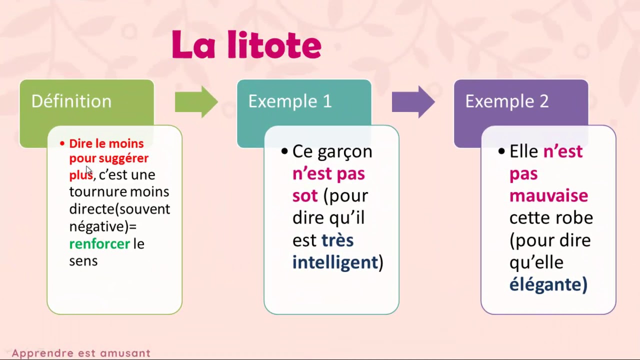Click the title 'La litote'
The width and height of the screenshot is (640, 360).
(x=246, y=45)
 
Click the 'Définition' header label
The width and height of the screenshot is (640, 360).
(x=71, y=101)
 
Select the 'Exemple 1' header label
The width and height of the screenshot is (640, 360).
(x=289, y=101)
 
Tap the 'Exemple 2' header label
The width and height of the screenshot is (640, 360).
(x=506, y=101)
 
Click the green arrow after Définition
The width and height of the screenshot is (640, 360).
(x=196, y=101)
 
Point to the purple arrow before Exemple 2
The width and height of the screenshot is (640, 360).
(x=413, y=101)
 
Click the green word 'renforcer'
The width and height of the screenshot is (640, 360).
(x=99, y=244)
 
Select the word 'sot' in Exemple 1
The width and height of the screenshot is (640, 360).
(x=305, y=195)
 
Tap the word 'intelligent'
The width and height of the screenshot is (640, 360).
(x=335, y=262)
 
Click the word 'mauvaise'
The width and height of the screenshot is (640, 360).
(x=548, y=195)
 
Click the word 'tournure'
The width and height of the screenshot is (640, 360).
(x=98, y=192)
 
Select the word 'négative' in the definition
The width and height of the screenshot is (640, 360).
(x=97, y=226)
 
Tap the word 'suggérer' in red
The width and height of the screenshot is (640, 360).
(x=123, y=158)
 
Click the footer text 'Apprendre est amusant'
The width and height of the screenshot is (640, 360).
(x=81, y=353)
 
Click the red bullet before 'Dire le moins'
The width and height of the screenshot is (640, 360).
(x=62, y=144)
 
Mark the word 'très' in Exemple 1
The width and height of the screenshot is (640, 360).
(x=337, y=240)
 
